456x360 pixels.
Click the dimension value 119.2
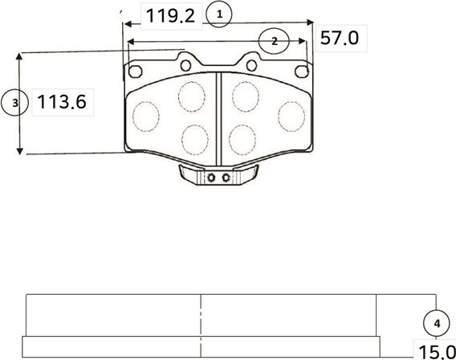pyautogui.click(x=171, y=15)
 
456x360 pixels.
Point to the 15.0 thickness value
pyautogui.click(x=434, y=350)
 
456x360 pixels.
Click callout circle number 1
pyautogui.click(x=219, y=14)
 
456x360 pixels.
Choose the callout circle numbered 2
pyautogui.click(x=275, y=40)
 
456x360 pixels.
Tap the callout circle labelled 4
pyautogui.click(x=436, y=323)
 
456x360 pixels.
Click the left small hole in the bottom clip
pyautogui.click(x=211, y=178)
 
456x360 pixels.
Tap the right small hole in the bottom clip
pyautogui.click(x=226, y=178)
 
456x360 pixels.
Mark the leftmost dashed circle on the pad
pyautogui.click(x=147, y=116)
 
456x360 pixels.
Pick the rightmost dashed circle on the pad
pyautogui.click(x=291, y=115)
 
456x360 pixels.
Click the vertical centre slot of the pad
pyautogui.click(x=218, y=112)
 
